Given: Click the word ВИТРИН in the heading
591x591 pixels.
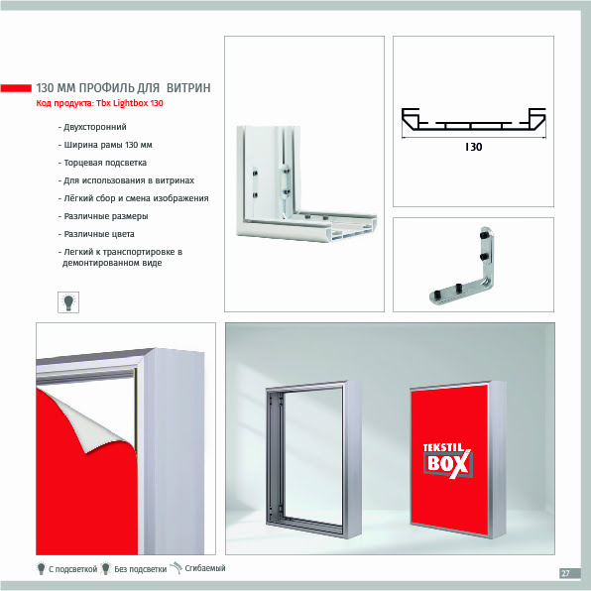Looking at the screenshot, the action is tap(188, 88).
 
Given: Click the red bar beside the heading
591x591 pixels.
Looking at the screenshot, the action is tap(16, 88).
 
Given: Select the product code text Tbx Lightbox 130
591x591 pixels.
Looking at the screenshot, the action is tap(130, 103).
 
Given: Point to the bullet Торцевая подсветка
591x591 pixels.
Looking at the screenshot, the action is tap(102, 163).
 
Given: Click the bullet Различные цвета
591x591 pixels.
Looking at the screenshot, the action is tap(96, 234).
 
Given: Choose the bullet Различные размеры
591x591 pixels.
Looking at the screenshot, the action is tap(103, 216).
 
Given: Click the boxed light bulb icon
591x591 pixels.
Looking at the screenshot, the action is tap(68, 301).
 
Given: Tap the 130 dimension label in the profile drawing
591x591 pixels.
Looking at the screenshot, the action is tap(473, 147).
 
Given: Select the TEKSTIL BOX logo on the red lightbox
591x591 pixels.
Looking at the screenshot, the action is tap(447, 460).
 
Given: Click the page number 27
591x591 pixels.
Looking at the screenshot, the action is tap(565, 573).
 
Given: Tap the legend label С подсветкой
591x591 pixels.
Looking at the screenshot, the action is tap(72, 569).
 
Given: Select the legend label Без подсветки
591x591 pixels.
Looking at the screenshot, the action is tap(140, 569).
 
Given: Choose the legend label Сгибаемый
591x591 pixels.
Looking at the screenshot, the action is tap(205, 568).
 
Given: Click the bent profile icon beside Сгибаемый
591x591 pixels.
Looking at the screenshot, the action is tap(177, 567).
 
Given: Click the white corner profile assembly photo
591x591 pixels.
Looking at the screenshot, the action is tap(306, 183).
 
